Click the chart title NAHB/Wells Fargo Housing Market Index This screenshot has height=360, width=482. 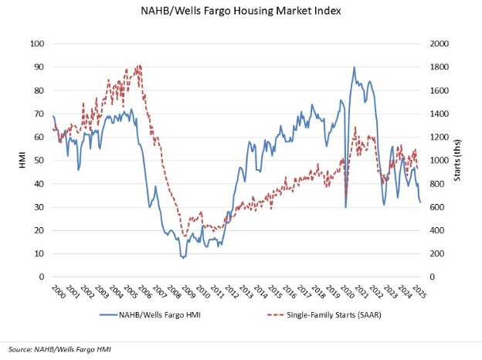(x=241, y=12)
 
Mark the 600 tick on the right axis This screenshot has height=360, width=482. (x=438, y=208)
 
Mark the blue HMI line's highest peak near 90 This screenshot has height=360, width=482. (x=354, y=68)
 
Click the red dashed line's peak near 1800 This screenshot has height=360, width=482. (x=138, y=66)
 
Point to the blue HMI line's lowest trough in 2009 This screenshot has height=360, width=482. (x=183, y=258)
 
